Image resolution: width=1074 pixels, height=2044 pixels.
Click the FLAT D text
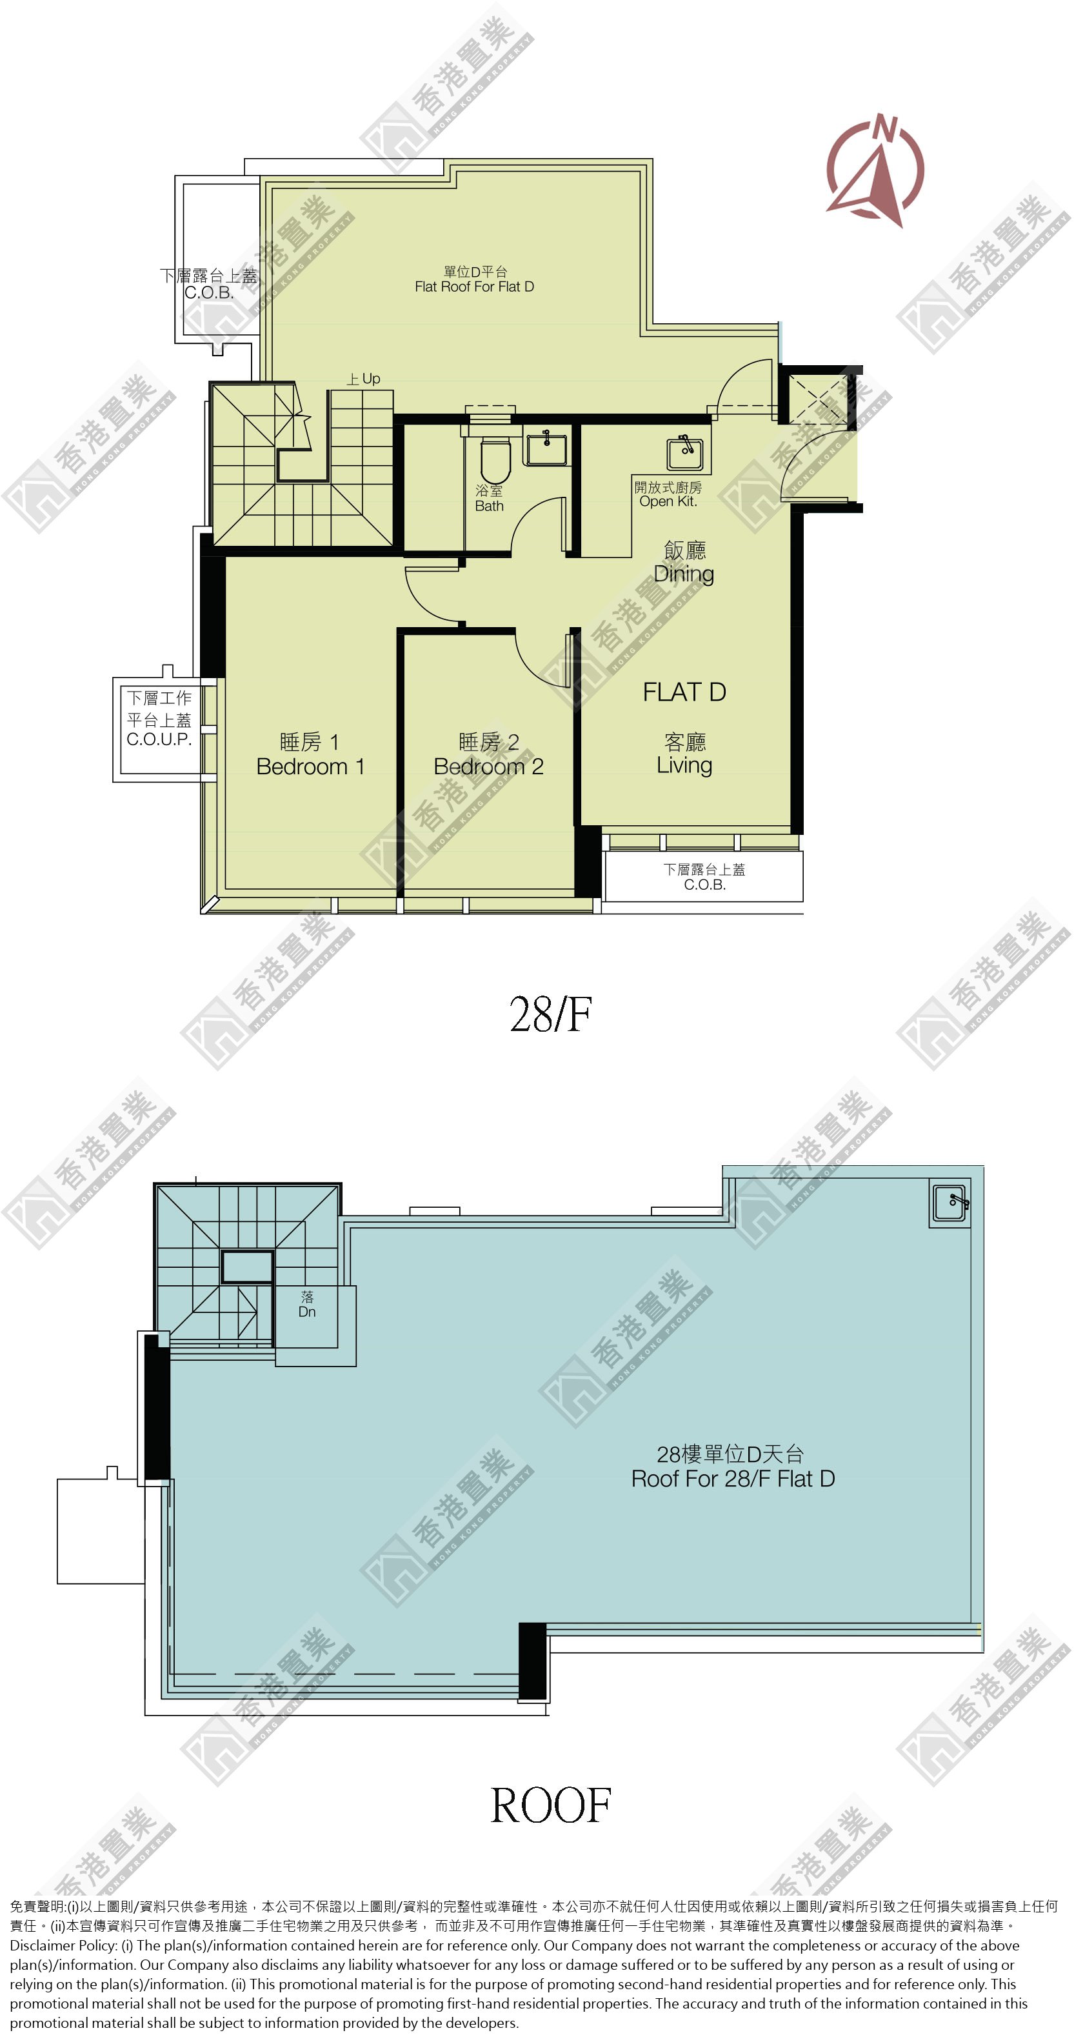click(684, 692)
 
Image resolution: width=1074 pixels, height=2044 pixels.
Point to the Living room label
click(684, 754)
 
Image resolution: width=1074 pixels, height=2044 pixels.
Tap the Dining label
click(684, 562)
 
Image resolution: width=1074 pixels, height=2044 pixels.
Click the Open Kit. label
click(668, 494)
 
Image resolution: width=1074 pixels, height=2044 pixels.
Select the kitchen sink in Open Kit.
click(685, 452)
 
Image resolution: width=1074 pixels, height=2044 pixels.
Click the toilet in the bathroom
click(496, 458)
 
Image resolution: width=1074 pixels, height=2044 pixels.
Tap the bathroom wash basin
click(546, 448)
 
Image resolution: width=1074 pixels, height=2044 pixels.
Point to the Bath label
click(490, 498)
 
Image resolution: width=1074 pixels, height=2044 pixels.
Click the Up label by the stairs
click(363, 379)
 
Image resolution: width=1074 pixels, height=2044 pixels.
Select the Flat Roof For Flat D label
click(474, 279)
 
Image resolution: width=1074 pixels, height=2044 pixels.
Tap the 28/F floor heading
click(550, 1014)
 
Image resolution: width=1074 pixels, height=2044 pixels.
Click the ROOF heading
click(550, 1806)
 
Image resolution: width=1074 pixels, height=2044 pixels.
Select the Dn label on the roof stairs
click(307, 1304)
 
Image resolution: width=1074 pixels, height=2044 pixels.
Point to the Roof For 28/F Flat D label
click(733, 1467)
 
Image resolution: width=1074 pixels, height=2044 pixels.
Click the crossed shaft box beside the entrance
click(817, 399)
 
